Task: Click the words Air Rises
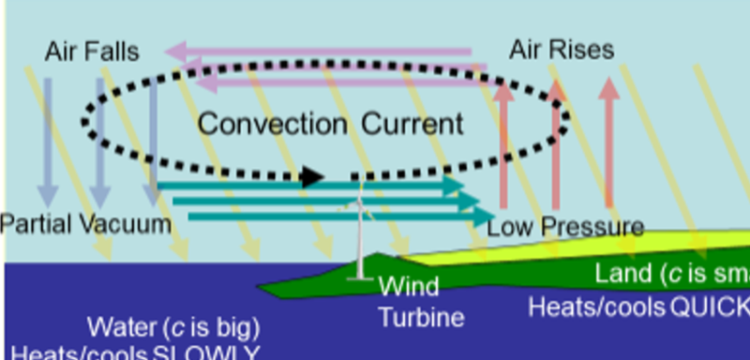562,49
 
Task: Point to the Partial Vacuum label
86,224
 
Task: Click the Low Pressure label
565,227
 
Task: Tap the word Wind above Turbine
408,286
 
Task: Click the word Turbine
421,317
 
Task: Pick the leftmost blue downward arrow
49,141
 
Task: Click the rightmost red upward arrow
609,141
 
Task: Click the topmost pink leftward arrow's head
178,51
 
